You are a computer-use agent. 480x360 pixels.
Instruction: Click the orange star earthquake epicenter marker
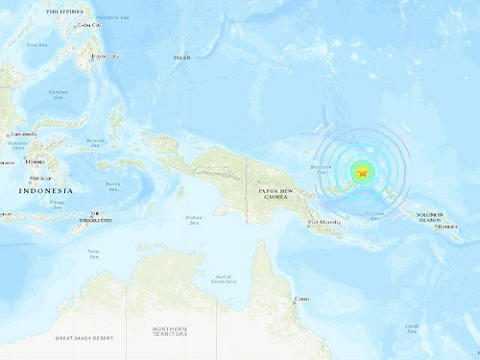coord(362,173)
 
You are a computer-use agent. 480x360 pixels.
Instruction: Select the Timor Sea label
coord(93,253)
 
